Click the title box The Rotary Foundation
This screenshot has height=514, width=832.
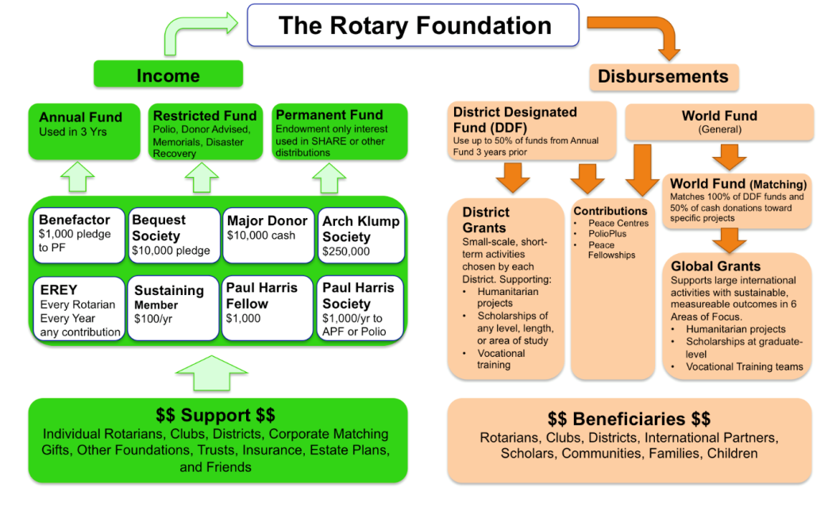(415, 25)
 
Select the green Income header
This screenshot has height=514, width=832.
(168, 75)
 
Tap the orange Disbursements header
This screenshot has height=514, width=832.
(663, 77)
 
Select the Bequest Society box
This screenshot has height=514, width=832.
(173, 235)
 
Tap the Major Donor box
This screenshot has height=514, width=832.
(267, 235)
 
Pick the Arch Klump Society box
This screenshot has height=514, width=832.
(361, 235)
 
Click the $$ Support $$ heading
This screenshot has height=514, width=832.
(216, 416)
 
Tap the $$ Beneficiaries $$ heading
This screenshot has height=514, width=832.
(629, 419)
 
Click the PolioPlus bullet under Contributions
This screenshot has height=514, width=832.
(607, 234)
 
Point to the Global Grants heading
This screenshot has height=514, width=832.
(715, 267)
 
